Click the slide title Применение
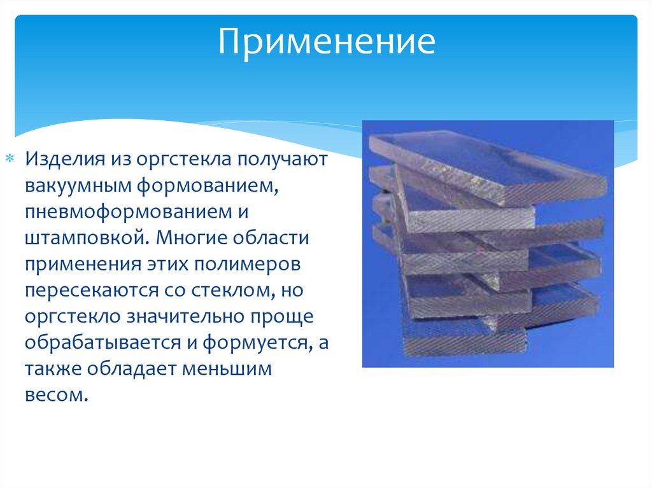327,42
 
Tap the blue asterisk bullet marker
10,158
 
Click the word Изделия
65,159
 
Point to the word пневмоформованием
128,212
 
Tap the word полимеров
247,265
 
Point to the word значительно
185,317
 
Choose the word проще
281,317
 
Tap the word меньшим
227,368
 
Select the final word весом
57,395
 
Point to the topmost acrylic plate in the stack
486,166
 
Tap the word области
271,238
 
